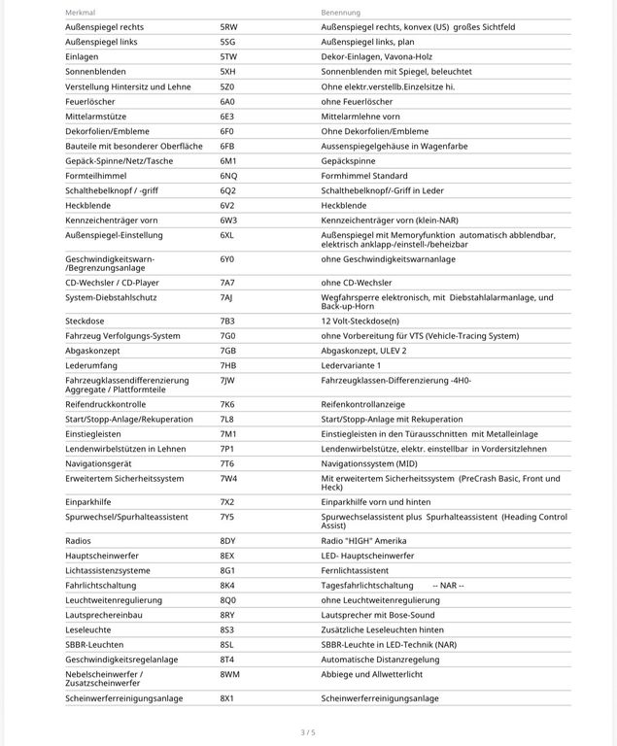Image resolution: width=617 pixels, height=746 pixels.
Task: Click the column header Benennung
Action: pos(341,13)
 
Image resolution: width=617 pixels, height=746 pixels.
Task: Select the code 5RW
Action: pos(228,27)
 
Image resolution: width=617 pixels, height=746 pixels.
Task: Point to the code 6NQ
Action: pos(228,175)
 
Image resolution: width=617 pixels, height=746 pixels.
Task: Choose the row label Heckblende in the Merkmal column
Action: pos(88,205)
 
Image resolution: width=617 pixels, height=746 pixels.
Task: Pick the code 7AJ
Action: pos(227,296)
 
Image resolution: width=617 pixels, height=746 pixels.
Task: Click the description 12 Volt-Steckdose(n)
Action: pos(360,321)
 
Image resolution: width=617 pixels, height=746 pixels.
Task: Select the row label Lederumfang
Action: pos(91,364)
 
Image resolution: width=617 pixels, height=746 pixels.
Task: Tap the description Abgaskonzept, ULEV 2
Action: pos(363,350)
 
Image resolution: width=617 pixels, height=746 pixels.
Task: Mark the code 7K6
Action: pos(227,403)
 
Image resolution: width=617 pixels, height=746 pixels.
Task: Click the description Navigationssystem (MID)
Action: pos(368,463)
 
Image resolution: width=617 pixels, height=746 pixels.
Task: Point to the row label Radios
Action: pos(78,540)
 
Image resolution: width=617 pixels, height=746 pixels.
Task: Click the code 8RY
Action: pos(228,614)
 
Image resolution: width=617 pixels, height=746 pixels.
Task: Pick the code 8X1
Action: pos(227,697)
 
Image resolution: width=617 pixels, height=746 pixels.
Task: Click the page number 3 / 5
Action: pos(308,731)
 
